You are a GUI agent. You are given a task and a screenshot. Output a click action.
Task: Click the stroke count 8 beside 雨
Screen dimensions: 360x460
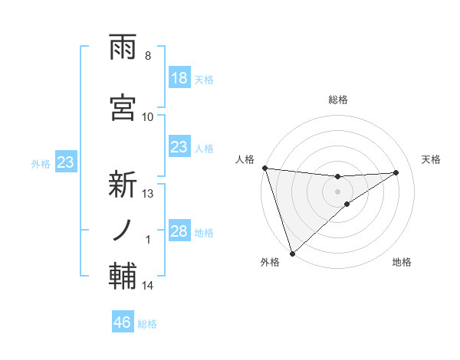click(147, 56)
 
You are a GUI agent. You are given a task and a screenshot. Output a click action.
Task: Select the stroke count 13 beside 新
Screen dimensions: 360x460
click(148, 194)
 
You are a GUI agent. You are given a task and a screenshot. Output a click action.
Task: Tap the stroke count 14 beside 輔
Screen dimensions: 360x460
click(148, 286)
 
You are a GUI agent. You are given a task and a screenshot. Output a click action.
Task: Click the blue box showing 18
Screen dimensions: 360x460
click(179, 78)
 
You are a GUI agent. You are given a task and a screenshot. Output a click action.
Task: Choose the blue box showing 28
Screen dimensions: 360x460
click(179, 231)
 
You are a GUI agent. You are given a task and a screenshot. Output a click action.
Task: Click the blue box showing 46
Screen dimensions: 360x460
click(123, 322)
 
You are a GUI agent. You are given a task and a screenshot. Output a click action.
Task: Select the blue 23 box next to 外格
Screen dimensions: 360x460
click(65, 162)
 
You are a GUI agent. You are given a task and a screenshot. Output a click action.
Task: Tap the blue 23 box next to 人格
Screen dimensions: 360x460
click(179, 147)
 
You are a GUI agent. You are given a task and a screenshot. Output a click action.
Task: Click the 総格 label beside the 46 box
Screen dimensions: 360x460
click(148, 324)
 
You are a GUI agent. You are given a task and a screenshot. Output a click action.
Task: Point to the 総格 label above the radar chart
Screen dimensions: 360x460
click(337, 100)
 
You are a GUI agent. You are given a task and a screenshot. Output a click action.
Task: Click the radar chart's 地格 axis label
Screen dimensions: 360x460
click(402, 262)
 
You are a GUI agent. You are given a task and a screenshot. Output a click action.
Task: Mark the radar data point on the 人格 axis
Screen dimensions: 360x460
click(264, 168)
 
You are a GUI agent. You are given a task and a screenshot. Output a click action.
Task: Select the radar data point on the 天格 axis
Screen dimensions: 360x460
click(396, 172)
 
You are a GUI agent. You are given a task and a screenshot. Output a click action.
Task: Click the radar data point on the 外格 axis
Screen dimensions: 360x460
click(292, 253)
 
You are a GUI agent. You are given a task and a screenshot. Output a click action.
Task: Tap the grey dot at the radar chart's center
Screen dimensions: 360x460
click(337, 191)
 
